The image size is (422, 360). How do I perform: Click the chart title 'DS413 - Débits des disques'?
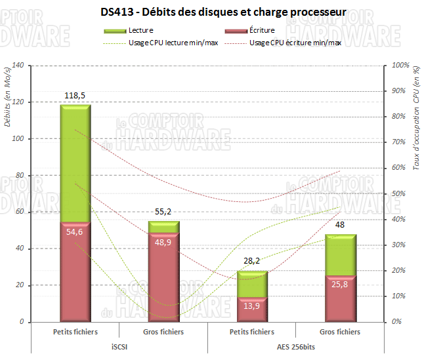point(224,11)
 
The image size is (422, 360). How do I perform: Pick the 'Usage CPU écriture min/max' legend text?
point(295,43)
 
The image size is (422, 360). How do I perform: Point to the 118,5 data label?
point(75,96)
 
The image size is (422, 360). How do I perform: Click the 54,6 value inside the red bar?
point(75,231)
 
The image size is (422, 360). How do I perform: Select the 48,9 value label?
point(163,242)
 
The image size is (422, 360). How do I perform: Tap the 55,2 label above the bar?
point(163,212)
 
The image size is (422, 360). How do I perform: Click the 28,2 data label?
point(252,261)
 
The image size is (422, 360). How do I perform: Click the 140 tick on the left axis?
point(17,66)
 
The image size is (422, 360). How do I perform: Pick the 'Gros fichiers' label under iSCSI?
point(163,332)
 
